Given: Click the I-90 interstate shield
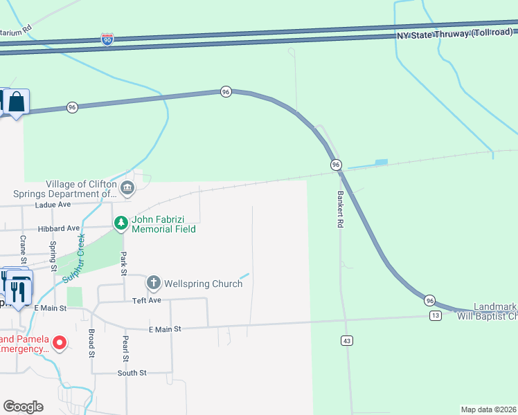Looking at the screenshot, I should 107,39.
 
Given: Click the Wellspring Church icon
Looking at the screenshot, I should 153,283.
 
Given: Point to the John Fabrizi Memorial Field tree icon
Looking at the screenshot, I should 121,223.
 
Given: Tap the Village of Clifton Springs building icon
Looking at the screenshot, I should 127,187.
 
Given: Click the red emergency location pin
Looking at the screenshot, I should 60,342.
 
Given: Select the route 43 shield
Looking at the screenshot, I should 347,340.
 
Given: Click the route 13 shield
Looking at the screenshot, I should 435,315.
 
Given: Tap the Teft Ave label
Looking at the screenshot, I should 146,301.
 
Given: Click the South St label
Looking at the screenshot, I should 132,373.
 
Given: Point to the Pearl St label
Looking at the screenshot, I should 125,350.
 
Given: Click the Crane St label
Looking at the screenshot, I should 24,250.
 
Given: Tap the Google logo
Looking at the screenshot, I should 23,407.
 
